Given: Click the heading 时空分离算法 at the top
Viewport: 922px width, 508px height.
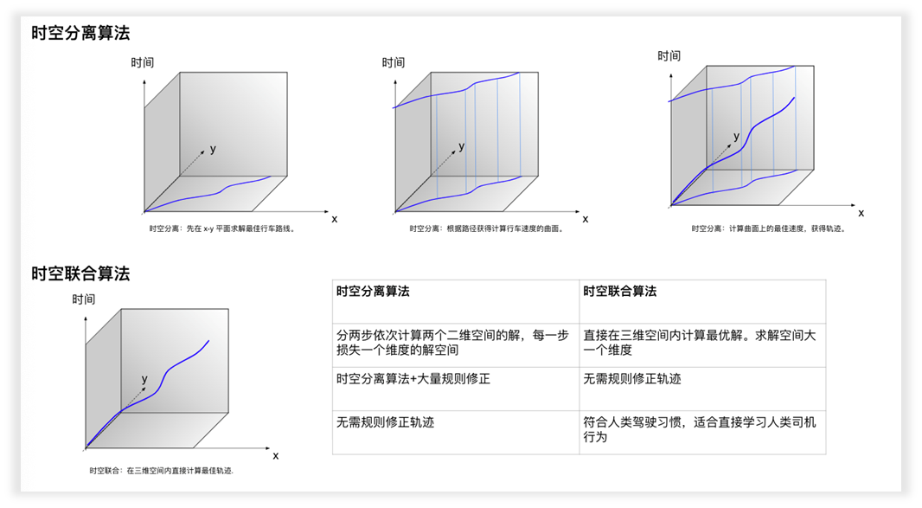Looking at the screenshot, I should (80, 34).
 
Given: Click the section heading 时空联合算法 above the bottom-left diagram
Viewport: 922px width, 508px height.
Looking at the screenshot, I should (80, 273).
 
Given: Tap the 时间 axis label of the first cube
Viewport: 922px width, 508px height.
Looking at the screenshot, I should (143, 62).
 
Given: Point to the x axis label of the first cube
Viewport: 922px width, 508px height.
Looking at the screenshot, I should (335, 219).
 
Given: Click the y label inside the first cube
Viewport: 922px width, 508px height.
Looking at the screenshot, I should (213, 150).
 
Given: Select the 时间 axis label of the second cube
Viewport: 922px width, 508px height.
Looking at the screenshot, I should (394, 62).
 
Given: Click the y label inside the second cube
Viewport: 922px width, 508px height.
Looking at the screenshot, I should (462, 146).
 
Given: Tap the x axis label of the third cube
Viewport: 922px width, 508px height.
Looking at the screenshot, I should (861, 213).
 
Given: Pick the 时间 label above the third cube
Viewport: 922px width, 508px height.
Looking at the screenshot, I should (669, 55).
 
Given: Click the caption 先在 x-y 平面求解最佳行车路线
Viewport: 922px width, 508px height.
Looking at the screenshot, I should (223, 229).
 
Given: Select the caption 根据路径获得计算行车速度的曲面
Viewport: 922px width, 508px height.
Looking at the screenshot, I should (486, 229).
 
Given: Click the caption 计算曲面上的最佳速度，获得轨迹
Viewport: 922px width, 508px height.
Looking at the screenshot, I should (768, 228).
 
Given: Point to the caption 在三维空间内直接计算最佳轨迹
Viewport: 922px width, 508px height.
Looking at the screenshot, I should (162, 471).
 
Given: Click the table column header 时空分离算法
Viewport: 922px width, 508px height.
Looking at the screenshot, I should (373, 292).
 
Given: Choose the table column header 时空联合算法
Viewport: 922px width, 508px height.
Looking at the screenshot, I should (619, 292).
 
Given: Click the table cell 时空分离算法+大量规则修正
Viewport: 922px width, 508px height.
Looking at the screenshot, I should (413, 379).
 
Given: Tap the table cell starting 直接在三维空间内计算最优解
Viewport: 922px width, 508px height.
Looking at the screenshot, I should (699, 343).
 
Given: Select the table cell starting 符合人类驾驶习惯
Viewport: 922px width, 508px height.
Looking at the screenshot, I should (699, 429).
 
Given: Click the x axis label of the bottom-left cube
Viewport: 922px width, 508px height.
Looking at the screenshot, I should (276, 455).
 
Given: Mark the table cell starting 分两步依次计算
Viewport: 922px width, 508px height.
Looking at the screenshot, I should (452, 343).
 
